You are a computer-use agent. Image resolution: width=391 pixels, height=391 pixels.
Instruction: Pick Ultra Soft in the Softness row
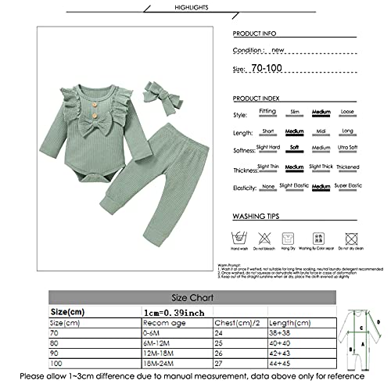click(x=348, y=149)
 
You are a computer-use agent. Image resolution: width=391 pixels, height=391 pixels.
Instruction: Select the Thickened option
click(x=347, y=167)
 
